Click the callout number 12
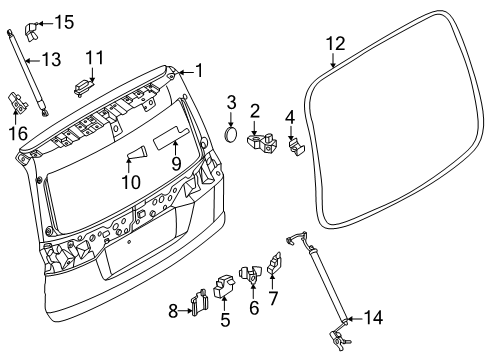(335, 44)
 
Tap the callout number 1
(199, 71)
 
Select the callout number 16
(18, 133)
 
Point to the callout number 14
(373, 317)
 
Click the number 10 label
(131, 182)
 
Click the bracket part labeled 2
(262, 144)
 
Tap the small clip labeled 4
(296, 147)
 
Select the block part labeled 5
(224, 284)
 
